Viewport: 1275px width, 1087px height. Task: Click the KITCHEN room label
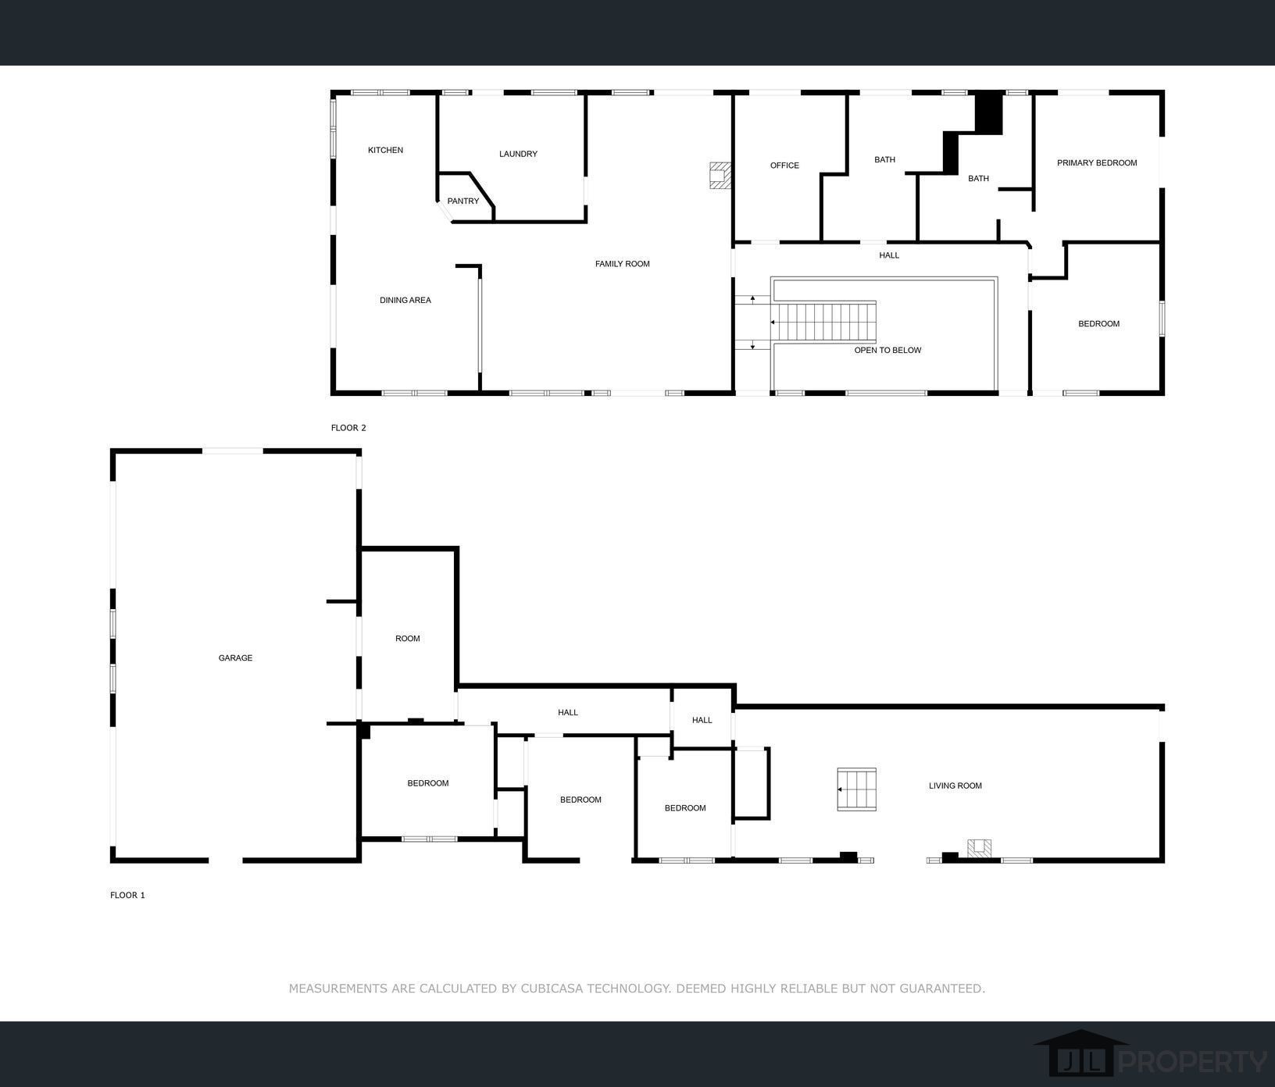(x=385, y=150)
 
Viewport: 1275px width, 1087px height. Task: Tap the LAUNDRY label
(x=518, y=154)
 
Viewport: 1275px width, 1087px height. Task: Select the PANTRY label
(x=463, y=201)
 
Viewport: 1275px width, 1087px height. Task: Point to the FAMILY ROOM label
(x=623, y=264)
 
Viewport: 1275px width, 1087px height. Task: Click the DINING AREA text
(x=405, y=300)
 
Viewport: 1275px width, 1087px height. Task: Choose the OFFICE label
(x=784, y=166)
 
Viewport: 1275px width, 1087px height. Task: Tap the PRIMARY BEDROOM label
(x=1097, y=163)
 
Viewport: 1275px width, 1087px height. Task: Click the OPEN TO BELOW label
(x=887, y=350)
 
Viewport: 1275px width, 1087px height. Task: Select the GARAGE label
(x=235, y=658)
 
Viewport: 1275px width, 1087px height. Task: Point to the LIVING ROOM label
(x=955, y=786)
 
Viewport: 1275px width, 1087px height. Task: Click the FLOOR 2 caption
(x=348, y=428)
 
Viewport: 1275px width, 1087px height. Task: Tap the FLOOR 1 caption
(x=127, y=895)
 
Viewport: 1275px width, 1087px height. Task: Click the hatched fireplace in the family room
(x=720, y=175)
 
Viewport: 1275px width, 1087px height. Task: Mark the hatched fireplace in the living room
(x=980, y=848)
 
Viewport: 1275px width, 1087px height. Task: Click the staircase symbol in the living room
(x=856, y=789)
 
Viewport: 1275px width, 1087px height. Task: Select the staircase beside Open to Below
(x=823, y=322)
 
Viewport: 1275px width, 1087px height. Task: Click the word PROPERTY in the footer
(x=1193, y=1062)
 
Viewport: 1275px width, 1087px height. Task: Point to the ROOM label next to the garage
(x=408, y=639)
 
